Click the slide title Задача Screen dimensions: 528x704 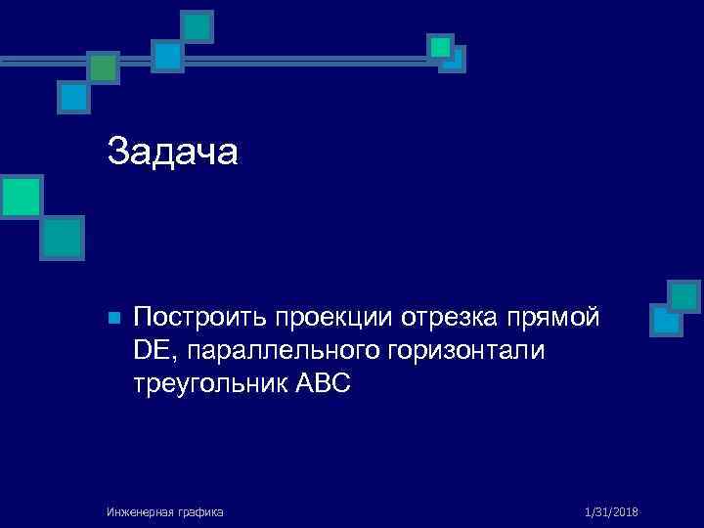[x=172, y=152]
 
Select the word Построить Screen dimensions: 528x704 [x=200, y=318]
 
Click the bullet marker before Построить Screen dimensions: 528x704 [x=112, y=319]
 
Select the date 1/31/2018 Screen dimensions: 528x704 [x=611, y=511]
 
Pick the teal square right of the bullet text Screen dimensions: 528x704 [x=684, y=295]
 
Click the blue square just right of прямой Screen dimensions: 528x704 [x=666, y=320]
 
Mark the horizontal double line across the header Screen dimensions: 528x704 [x=264, y=61]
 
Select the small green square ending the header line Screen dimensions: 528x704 [x=441, y=47]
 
